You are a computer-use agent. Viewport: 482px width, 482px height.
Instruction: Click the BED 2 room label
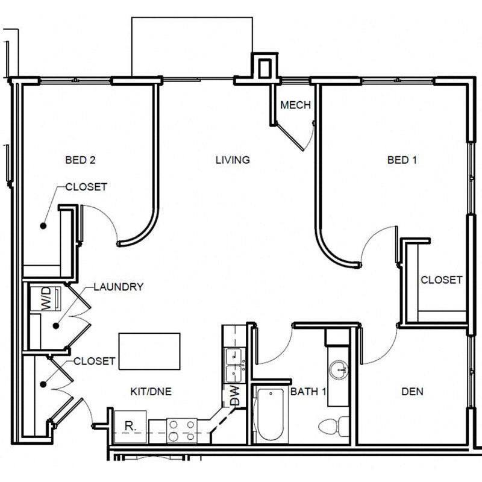pyautogui.click(x=80, y=160)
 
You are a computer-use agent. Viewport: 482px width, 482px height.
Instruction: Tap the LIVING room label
pyautogui.click(x=233, y=160)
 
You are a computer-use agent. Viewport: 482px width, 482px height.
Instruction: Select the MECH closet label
pyautogui.click(x=295, y=105)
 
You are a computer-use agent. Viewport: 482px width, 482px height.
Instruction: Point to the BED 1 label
pyautogui.click(x=402, y=160)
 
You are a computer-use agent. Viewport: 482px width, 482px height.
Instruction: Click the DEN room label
pyautogui.click(x=412, y=391)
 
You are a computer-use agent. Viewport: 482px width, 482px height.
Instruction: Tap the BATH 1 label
pyautogui.click(x=308, y=391)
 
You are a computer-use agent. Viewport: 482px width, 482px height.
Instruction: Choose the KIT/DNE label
pyautogui.click(x=151, y=391)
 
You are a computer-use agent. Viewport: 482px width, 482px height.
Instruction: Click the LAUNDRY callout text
pyautogui.click(x=118, y=287)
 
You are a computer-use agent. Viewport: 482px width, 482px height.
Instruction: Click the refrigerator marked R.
pyautogui.click(x=130, y=427)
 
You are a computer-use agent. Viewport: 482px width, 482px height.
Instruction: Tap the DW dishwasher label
pyautogui.click(x=234, y=396)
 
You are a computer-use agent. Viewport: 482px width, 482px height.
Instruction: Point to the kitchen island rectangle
pyautogui.click(x=149, y=351)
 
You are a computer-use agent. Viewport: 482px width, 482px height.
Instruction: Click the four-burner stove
pyautogui.click(x=182, y=431)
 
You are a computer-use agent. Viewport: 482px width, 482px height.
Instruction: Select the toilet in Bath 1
pyautogui.click(x=334, y=426)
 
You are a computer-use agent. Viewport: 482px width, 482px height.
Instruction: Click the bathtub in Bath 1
pyautogui.click(x=270, y=414)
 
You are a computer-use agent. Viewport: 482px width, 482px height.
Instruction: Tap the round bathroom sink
pyautogui.click(x=339, y=369)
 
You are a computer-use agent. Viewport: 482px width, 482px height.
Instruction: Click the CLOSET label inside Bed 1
pyautogui.click(x=442, y=280)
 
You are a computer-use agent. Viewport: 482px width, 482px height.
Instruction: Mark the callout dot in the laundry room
pyautogui.click(x=56, y=326)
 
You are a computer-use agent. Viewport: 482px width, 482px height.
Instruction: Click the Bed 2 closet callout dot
pyautogui.click(x=43, y=225)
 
